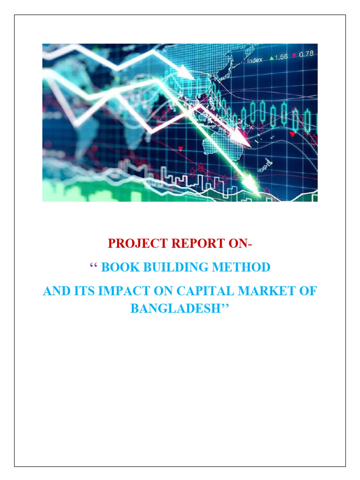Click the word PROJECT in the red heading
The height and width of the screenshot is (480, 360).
[x=132, y=243]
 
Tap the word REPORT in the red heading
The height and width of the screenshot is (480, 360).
[x=185, y=243]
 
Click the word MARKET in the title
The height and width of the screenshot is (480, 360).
[x=263, y=291]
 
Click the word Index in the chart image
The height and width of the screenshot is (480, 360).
[x=255, y=60]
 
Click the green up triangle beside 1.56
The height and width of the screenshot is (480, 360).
[x=271, y=58]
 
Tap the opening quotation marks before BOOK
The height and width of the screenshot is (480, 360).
[x=92, y=266]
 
